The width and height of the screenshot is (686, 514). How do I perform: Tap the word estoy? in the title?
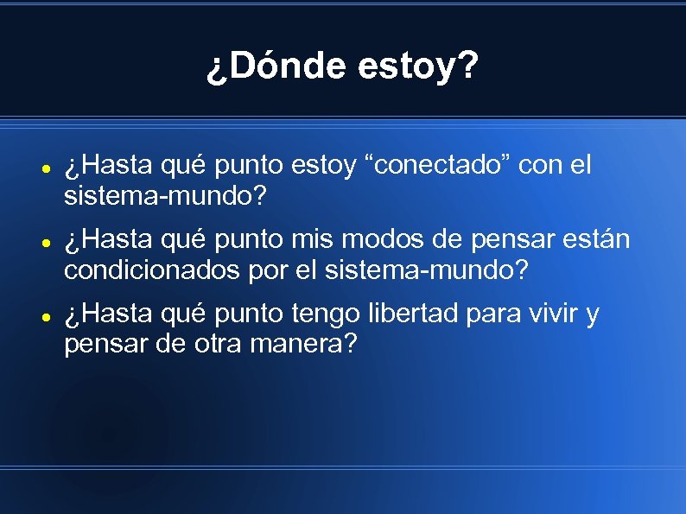point(416,67)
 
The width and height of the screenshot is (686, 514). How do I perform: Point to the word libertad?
point(410,314)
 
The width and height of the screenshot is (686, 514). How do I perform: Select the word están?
point(600,239)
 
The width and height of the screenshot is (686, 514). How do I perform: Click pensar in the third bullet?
point(100,346)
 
